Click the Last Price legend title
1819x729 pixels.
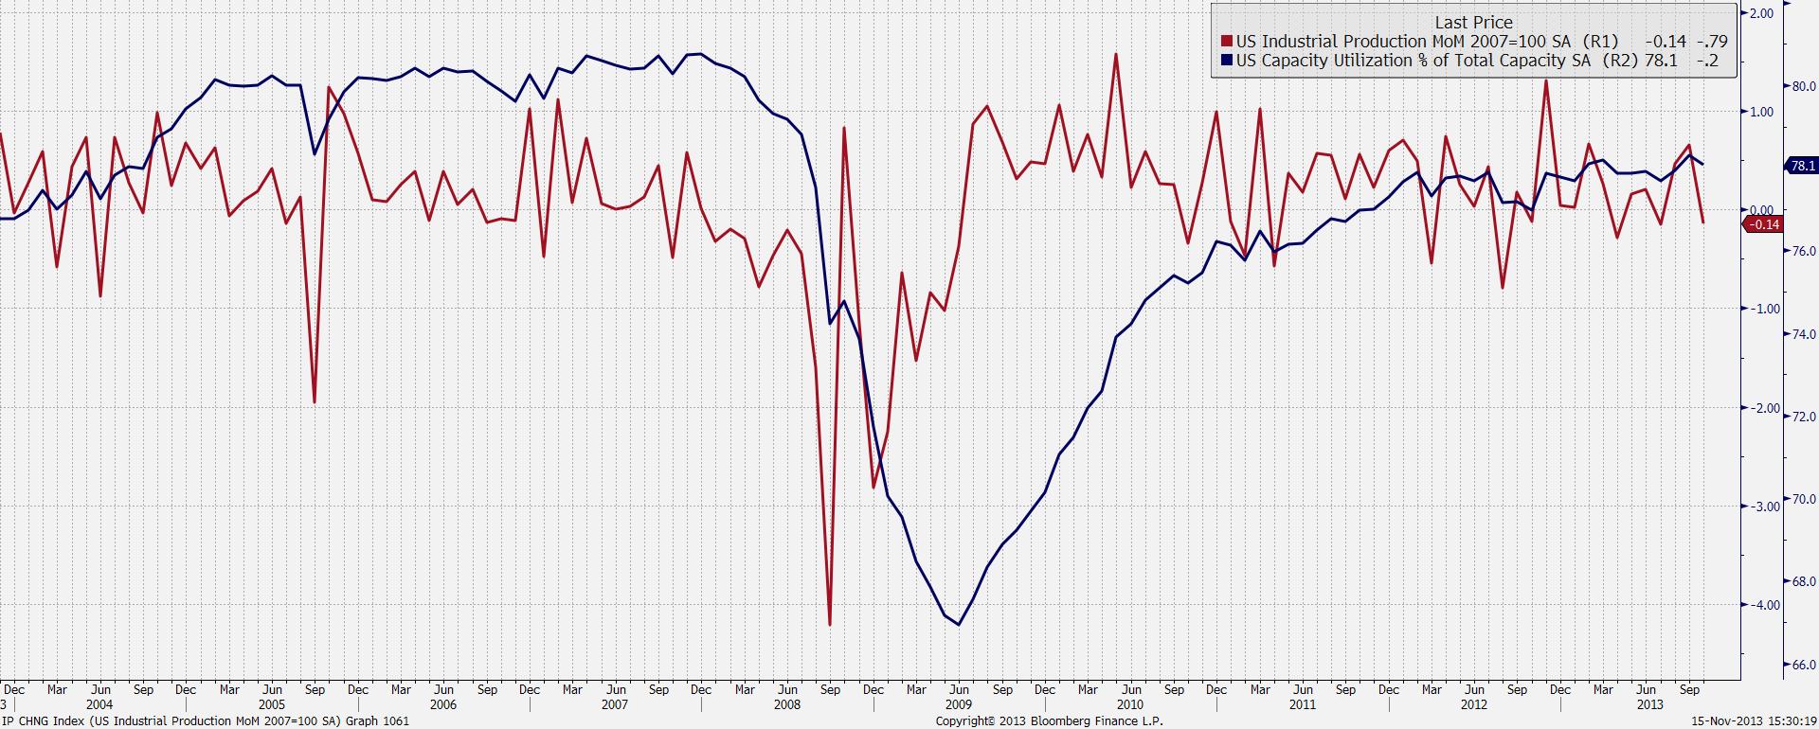[x=1473, y=22]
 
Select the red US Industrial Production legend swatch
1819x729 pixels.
[x=1227, y=42]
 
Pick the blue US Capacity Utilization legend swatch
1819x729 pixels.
[x=1227, y=61]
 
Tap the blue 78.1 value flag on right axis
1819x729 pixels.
[x=1801, y=166]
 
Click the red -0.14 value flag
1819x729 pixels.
[x=1762, y=224]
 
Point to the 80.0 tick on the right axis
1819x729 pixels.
[x=1802, y=87]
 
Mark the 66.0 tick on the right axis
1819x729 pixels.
[x=1802, y=666]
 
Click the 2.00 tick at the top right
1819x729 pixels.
[x=1762, y=13]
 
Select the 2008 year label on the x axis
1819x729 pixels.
[x=787, y=704]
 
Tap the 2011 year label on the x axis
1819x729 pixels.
[x=1303, y=704]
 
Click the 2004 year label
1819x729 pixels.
[x=99, y=704]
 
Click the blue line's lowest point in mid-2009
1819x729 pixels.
[x=959, y=625]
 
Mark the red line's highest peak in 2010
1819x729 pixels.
[x=1116, y=54]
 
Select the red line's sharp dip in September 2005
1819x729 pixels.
[x=315, y=402]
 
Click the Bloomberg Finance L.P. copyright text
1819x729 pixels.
[x=1050, y=721]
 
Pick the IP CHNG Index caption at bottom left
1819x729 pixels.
[x=205, y=721]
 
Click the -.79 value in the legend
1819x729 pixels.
[x=1712, y=42]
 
